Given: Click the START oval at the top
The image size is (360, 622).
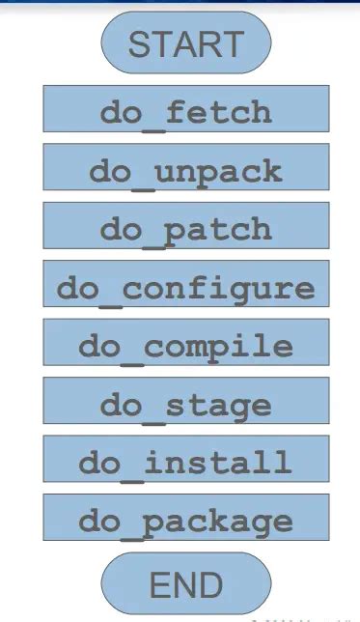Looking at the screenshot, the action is [185, 43].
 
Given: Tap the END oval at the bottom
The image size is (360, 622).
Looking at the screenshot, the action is [185, 584].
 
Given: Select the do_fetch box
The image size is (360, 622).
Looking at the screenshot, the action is [185, 110].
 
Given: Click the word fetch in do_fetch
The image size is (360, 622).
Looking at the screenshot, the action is [218, 112].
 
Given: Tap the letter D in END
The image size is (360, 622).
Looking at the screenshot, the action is [211, 585].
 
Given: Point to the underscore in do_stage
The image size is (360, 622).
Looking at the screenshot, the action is [153, 414].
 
